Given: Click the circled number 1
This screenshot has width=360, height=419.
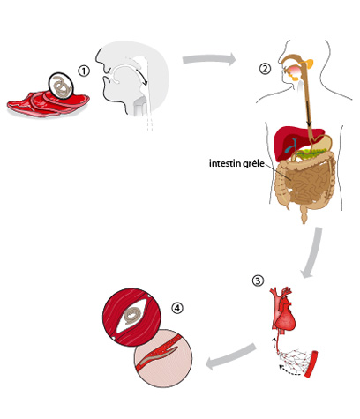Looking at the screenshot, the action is tap(84, 71).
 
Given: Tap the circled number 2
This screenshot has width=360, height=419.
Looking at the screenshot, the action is tap(265, 69).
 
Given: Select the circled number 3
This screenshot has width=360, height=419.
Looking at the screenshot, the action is tap(258, 281).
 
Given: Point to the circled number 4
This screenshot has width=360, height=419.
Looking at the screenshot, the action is tap(177, 308).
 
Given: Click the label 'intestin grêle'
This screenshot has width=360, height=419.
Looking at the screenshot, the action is tap(236, 163).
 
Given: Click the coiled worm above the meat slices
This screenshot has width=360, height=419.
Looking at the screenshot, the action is tap(61, 86).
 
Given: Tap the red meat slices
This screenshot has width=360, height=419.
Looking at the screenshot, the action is tap(47, 104).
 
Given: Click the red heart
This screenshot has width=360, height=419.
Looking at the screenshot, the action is tap(284, 319).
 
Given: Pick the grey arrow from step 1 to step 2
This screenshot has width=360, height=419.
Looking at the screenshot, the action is tap(209, 59).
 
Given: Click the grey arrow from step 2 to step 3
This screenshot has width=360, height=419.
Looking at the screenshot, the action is tap(312, 252).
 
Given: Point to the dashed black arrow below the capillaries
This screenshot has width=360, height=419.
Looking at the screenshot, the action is tap(289, 371).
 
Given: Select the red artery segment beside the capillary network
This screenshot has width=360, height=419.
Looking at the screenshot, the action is tap(311, 363).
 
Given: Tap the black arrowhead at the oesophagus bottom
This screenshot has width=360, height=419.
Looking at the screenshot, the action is tap(309, 123).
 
